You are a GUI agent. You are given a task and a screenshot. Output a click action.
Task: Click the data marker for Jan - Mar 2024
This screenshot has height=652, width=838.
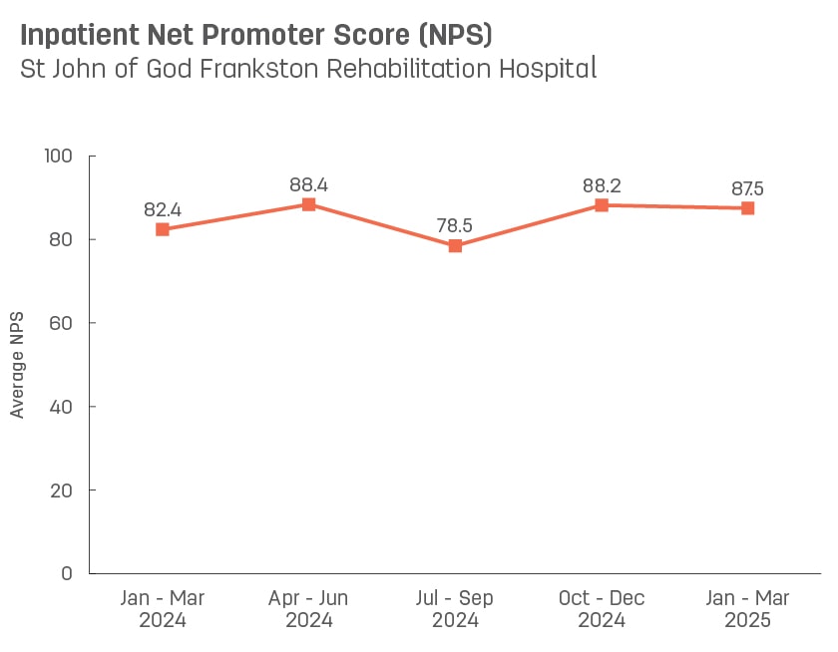pyautogui.click(x=163, y=229)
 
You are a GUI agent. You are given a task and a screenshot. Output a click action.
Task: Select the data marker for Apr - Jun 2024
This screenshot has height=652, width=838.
pyautogui.click(x=309, y=204)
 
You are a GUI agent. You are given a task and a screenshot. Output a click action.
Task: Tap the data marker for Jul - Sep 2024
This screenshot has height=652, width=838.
pyautogui.click(x=455, y=245)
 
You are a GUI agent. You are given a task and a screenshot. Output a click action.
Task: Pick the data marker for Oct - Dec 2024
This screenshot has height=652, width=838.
pyautogui.click(x=602, y=205)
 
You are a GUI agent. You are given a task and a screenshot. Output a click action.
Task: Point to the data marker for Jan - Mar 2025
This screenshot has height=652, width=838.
pyautogui.click(x=747, y=208)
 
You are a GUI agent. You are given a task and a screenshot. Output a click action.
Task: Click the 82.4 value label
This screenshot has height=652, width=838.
pyautogui.click(x=163, y=210)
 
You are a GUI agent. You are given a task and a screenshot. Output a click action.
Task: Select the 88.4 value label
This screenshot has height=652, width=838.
pyautogui.click(x=309, y=185)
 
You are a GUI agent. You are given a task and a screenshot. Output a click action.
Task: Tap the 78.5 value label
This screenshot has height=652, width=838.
pyautogui.click(x=455, y=226)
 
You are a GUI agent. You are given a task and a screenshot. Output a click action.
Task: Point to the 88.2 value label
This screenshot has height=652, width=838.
pyautogui.click(x=602, y=186)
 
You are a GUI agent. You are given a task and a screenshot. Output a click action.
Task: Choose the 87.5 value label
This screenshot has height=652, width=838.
pyautogui.click(x=747, y=189)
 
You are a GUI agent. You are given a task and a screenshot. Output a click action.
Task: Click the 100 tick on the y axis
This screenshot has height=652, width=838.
pyautogui.click(x=59, y=157)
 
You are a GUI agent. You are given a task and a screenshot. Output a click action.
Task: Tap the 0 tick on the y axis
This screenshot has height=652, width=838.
pyautogui.click(x=67, y=573)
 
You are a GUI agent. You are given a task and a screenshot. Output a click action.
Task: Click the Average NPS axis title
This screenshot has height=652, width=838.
pyautogui.click(x=17, y=365)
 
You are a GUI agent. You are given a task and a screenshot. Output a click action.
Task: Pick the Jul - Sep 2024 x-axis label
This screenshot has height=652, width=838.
pyautogui.click(x=455, y=609)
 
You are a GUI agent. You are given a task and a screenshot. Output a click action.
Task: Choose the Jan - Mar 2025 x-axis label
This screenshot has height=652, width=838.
pyautogui.click(x=747, y=609)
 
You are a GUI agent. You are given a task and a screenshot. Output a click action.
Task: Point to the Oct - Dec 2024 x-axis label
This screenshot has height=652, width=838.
pyautogui.click(x=602, y=609)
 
